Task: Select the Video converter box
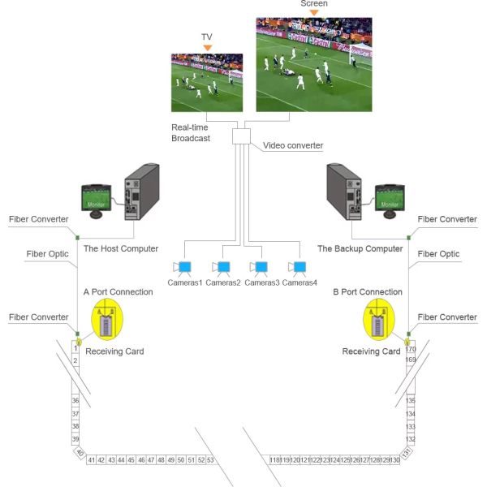pos(243,136)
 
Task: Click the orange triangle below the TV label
pos(208,48)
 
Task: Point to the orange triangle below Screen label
pos(313,12)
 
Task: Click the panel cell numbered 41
pos(92,460)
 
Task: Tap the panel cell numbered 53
pos(210,460)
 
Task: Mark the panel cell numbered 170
pos(411,350)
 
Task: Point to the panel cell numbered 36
pos(75,401)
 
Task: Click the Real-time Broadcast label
pos(191,133)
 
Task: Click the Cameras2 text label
pos(222,282)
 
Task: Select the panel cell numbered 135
pos(411,401)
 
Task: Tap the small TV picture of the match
pos(207,82)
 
